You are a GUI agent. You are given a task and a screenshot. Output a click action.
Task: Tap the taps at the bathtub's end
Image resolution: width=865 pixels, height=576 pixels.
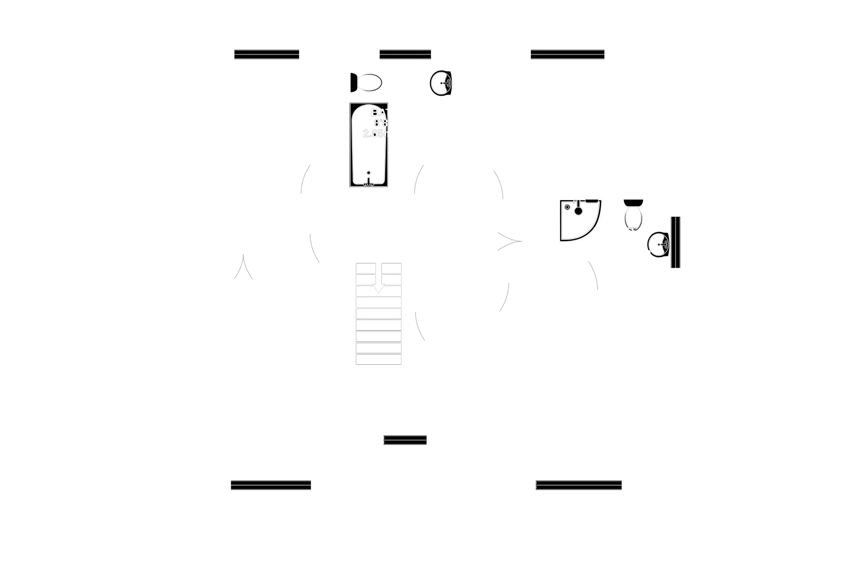(x=369, y=179)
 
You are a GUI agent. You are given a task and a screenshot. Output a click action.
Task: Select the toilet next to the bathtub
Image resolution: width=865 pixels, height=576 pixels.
(x=367, y=82)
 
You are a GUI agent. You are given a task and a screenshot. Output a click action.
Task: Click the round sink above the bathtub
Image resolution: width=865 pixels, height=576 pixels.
(x=441, y=84)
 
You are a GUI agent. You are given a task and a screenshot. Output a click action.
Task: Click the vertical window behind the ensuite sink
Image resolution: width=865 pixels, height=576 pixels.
(x=676, y=242)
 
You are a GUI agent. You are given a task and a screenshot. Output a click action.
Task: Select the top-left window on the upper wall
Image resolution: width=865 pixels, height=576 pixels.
(x=266, y=54)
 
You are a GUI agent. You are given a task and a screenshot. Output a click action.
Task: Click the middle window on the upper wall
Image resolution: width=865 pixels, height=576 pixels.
(x=405, y=54)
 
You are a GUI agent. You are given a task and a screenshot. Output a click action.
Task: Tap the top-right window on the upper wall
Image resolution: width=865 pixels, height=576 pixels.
(x=567, y=54)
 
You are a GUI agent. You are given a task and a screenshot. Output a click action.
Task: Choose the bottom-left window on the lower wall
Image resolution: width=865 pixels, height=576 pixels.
(x=271, y=484)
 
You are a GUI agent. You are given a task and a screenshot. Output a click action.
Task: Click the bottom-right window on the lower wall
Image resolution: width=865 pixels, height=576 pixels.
(x=578, y=484)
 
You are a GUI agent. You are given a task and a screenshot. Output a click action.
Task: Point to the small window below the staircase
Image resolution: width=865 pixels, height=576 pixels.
(x=405, y=440)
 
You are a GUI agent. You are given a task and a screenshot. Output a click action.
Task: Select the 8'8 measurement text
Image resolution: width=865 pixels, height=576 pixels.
(x=380, y=123)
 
